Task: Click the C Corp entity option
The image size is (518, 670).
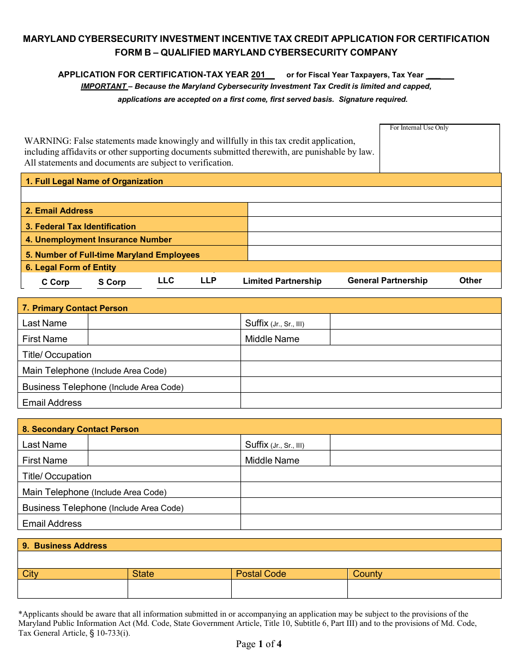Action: tap(55, 282)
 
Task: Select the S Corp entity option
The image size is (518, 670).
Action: tap(112, 282)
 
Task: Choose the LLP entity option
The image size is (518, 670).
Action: tap(208, 281)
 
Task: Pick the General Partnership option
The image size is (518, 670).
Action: tap(387, 281)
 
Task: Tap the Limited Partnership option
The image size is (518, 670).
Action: tap(282, 281)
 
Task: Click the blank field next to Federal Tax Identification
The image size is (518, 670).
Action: tap(374, 224)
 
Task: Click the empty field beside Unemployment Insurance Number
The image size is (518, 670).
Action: tap(374, 239)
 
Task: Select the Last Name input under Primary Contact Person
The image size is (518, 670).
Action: tap(164, 322)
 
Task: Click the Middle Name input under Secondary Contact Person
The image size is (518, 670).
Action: tap(415, 459)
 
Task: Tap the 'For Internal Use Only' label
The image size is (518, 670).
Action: tap(419, 128)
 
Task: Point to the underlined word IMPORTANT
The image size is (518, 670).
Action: tap(104, 86)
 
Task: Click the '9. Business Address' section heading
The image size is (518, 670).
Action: tap(70, 546)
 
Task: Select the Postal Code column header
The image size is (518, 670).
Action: tap(261, 574)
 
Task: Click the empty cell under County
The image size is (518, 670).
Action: tap(424, 589)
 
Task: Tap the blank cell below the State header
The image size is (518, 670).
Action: tap(179, 589)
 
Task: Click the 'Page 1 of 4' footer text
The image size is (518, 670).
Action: tap(258, 644)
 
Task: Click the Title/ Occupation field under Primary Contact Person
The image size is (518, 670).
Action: tap(370, 354)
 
